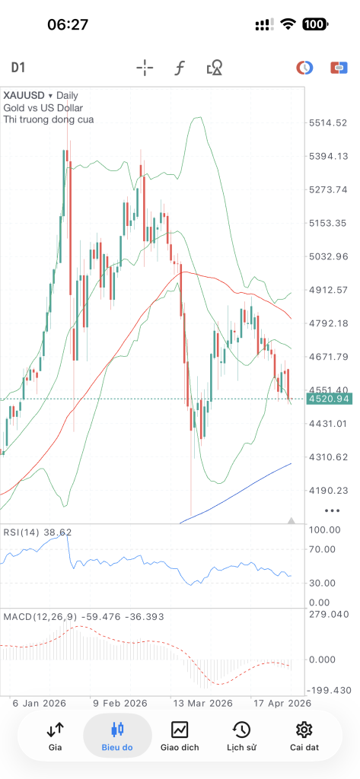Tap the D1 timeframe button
[18, 68]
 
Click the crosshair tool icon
[145, 68]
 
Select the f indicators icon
[180, 68]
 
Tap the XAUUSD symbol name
[24, 95]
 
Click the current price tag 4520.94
[329, 399]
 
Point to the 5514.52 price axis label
[329, 122]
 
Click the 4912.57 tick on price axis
[329, 290]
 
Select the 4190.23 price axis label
[329, 491]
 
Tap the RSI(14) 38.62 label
[37, 532]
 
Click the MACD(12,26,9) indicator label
[40, 616]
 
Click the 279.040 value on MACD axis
[329, 615]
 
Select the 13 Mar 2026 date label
[202, 704]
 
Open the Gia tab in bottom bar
[56, 736]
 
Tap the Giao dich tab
[180, 736]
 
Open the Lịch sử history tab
[241, 736]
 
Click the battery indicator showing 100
[314, 24]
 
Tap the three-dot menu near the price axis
[332, 510]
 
